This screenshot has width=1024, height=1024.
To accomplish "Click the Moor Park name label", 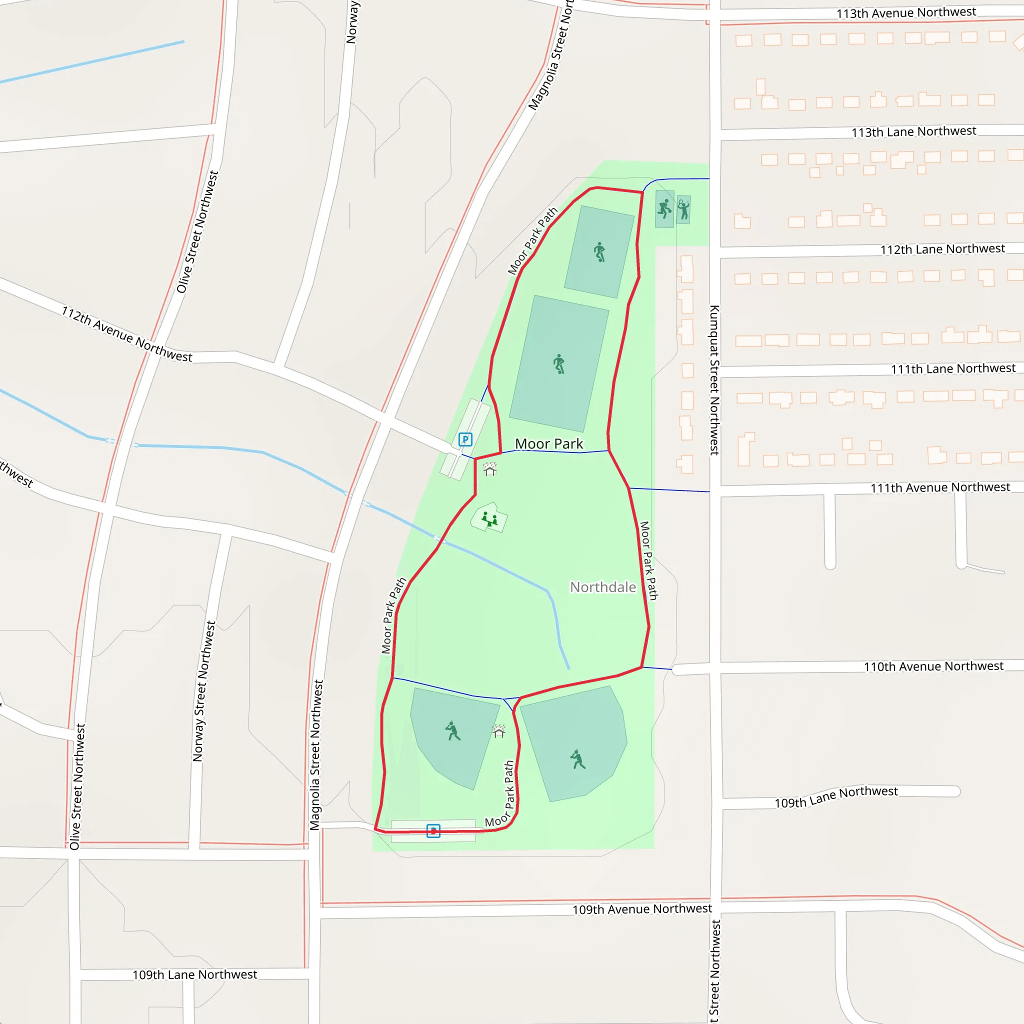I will (548, 443).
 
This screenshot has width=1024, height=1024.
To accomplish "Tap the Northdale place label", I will (602, 587).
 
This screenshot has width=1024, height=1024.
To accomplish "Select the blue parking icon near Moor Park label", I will (465, 439).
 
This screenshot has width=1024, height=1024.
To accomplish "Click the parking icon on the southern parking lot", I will (433, 830).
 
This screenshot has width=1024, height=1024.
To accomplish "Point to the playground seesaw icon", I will (489, 519).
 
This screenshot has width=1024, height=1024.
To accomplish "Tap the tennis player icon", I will (683, 209).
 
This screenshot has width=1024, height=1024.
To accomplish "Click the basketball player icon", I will (664, 209).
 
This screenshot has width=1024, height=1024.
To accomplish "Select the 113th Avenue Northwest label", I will (906, 12).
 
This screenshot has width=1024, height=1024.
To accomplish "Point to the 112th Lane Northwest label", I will (942, 249).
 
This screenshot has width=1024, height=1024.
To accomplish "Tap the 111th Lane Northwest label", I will (952, 368).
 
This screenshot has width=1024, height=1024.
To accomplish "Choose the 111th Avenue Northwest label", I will (939, 487).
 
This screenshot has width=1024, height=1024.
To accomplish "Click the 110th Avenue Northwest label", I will (933, 666).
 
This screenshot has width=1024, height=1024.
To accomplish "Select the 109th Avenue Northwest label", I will (642, 909).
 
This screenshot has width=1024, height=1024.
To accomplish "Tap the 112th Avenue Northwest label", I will (126, 334).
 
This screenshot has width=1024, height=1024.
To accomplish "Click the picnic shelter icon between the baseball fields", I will (498, 731).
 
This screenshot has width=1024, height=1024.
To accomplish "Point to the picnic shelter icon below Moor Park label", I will (489, 469).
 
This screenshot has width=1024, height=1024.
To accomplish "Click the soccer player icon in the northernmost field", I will (599, 252).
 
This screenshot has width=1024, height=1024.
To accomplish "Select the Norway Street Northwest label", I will (204, 691).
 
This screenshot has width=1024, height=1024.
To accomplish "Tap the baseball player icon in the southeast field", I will (577, 759).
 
